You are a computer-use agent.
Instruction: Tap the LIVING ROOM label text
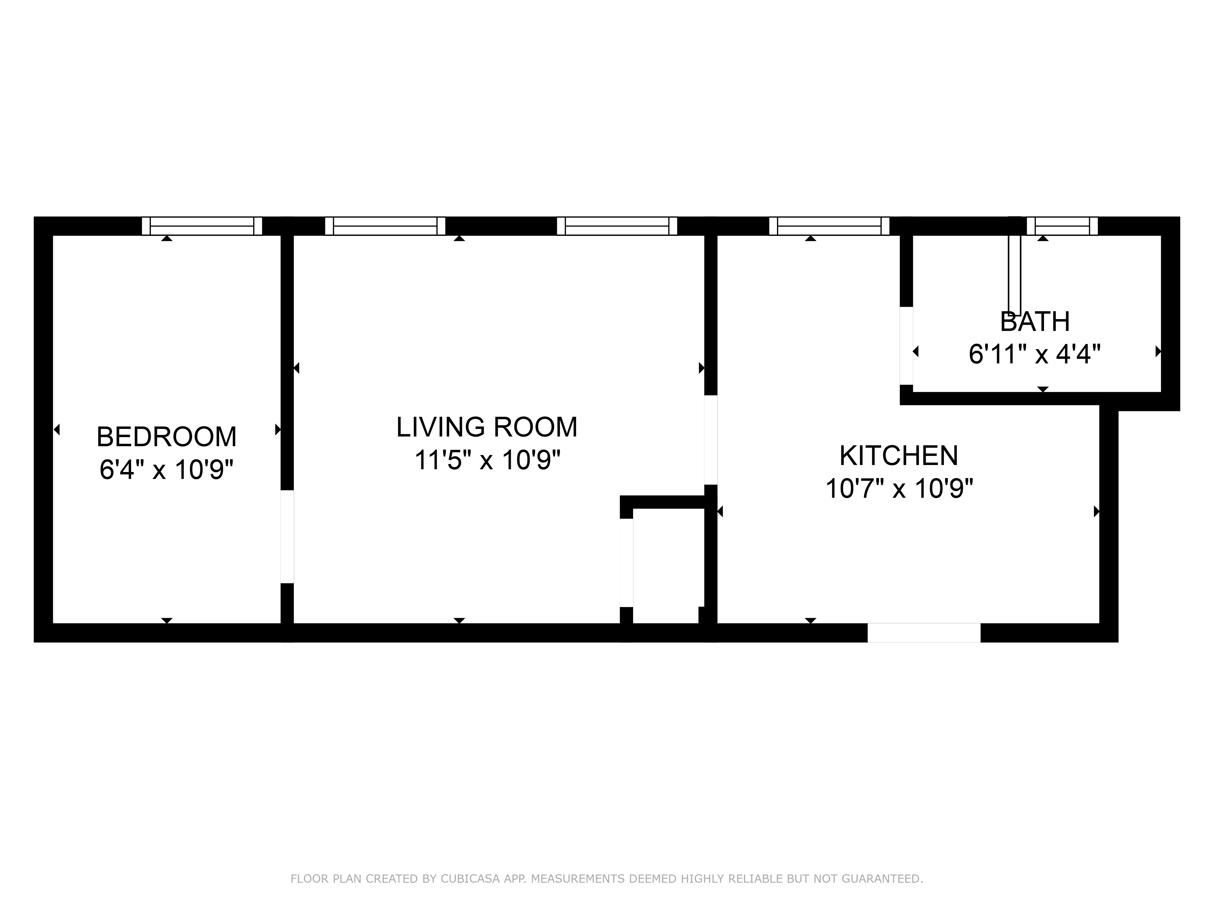coord(487,427)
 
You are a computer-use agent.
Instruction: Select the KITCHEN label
coord(899,455)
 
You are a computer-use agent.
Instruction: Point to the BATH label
coord(1035,322)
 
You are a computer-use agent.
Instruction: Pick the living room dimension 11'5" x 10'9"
coord(487,460)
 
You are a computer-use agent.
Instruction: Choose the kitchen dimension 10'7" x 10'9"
coord(899,488)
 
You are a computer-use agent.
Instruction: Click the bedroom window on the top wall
coord(202,226)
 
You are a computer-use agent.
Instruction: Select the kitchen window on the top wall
coord(829,226)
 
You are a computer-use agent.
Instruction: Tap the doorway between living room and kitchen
coord(711,440)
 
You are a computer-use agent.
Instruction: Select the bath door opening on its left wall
coord(906,345)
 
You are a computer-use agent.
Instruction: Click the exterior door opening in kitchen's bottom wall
coord(924,632)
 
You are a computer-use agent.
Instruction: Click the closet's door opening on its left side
coord(626,563)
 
